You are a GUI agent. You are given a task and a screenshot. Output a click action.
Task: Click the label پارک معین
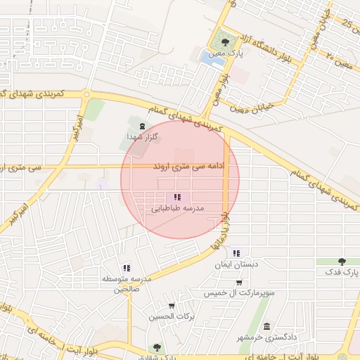coord(226,54)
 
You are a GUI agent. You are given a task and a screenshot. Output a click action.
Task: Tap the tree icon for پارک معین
coord(225,43)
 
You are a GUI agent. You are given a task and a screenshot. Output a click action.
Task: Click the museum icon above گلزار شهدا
coord(143,127)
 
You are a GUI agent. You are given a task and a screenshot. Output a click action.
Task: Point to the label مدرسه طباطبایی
coord(177,209)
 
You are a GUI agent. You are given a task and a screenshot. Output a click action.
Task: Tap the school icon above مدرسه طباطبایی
coord(177,198)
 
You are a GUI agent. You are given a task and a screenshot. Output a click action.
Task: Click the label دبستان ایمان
coord(236,266)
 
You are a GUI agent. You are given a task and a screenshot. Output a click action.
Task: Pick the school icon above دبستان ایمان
coord(236,253)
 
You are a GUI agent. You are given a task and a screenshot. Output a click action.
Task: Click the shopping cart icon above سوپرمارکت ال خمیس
coord(240,282)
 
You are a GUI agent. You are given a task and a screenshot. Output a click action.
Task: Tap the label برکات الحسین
coord(171,316)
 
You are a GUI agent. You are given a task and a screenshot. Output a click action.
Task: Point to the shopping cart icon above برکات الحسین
coord(172,306)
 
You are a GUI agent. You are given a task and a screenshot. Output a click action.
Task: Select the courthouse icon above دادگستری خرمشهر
coord(266,326)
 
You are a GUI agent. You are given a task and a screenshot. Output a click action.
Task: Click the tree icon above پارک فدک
coord(342,261)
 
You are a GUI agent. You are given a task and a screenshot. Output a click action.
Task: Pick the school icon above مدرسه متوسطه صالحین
coord(127,268)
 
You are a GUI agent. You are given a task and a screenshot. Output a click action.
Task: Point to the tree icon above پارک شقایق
coord(156,347)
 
